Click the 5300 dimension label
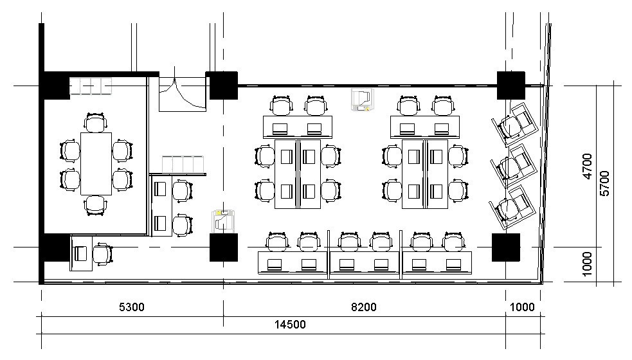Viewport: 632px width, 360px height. click(x=131, y=307)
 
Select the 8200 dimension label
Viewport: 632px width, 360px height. click(x=363, y=307)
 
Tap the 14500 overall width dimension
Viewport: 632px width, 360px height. click(x=290, y=325)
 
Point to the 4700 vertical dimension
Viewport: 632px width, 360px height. click(x=587, y=166)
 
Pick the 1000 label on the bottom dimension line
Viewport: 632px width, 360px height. click(x=522, y=307)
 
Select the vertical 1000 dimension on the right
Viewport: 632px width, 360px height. click(x=587, y=264)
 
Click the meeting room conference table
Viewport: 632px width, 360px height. click(x=96, y=164)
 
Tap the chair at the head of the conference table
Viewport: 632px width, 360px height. click(x=96, y=123)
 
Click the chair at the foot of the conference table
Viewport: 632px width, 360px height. click(x=96, y=205)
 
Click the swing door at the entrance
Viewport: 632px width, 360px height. click(x=182, y=94)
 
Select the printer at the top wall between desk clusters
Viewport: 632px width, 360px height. click(x=362, y=100)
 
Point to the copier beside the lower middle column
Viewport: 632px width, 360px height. click(x=223, y=221)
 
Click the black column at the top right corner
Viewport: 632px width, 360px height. click(x=510, y=85)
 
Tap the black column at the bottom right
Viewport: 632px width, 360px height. click(x=506, y=247)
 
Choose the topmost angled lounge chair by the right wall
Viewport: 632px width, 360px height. click(x=515, y=124)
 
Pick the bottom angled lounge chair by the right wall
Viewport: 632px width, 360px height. click(x=512, y=207)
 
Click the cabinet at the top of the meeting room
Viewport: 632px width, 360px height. click(x=90, y=86)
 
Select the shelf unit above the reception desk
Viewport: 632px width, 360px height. click(x=183, y=165)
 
